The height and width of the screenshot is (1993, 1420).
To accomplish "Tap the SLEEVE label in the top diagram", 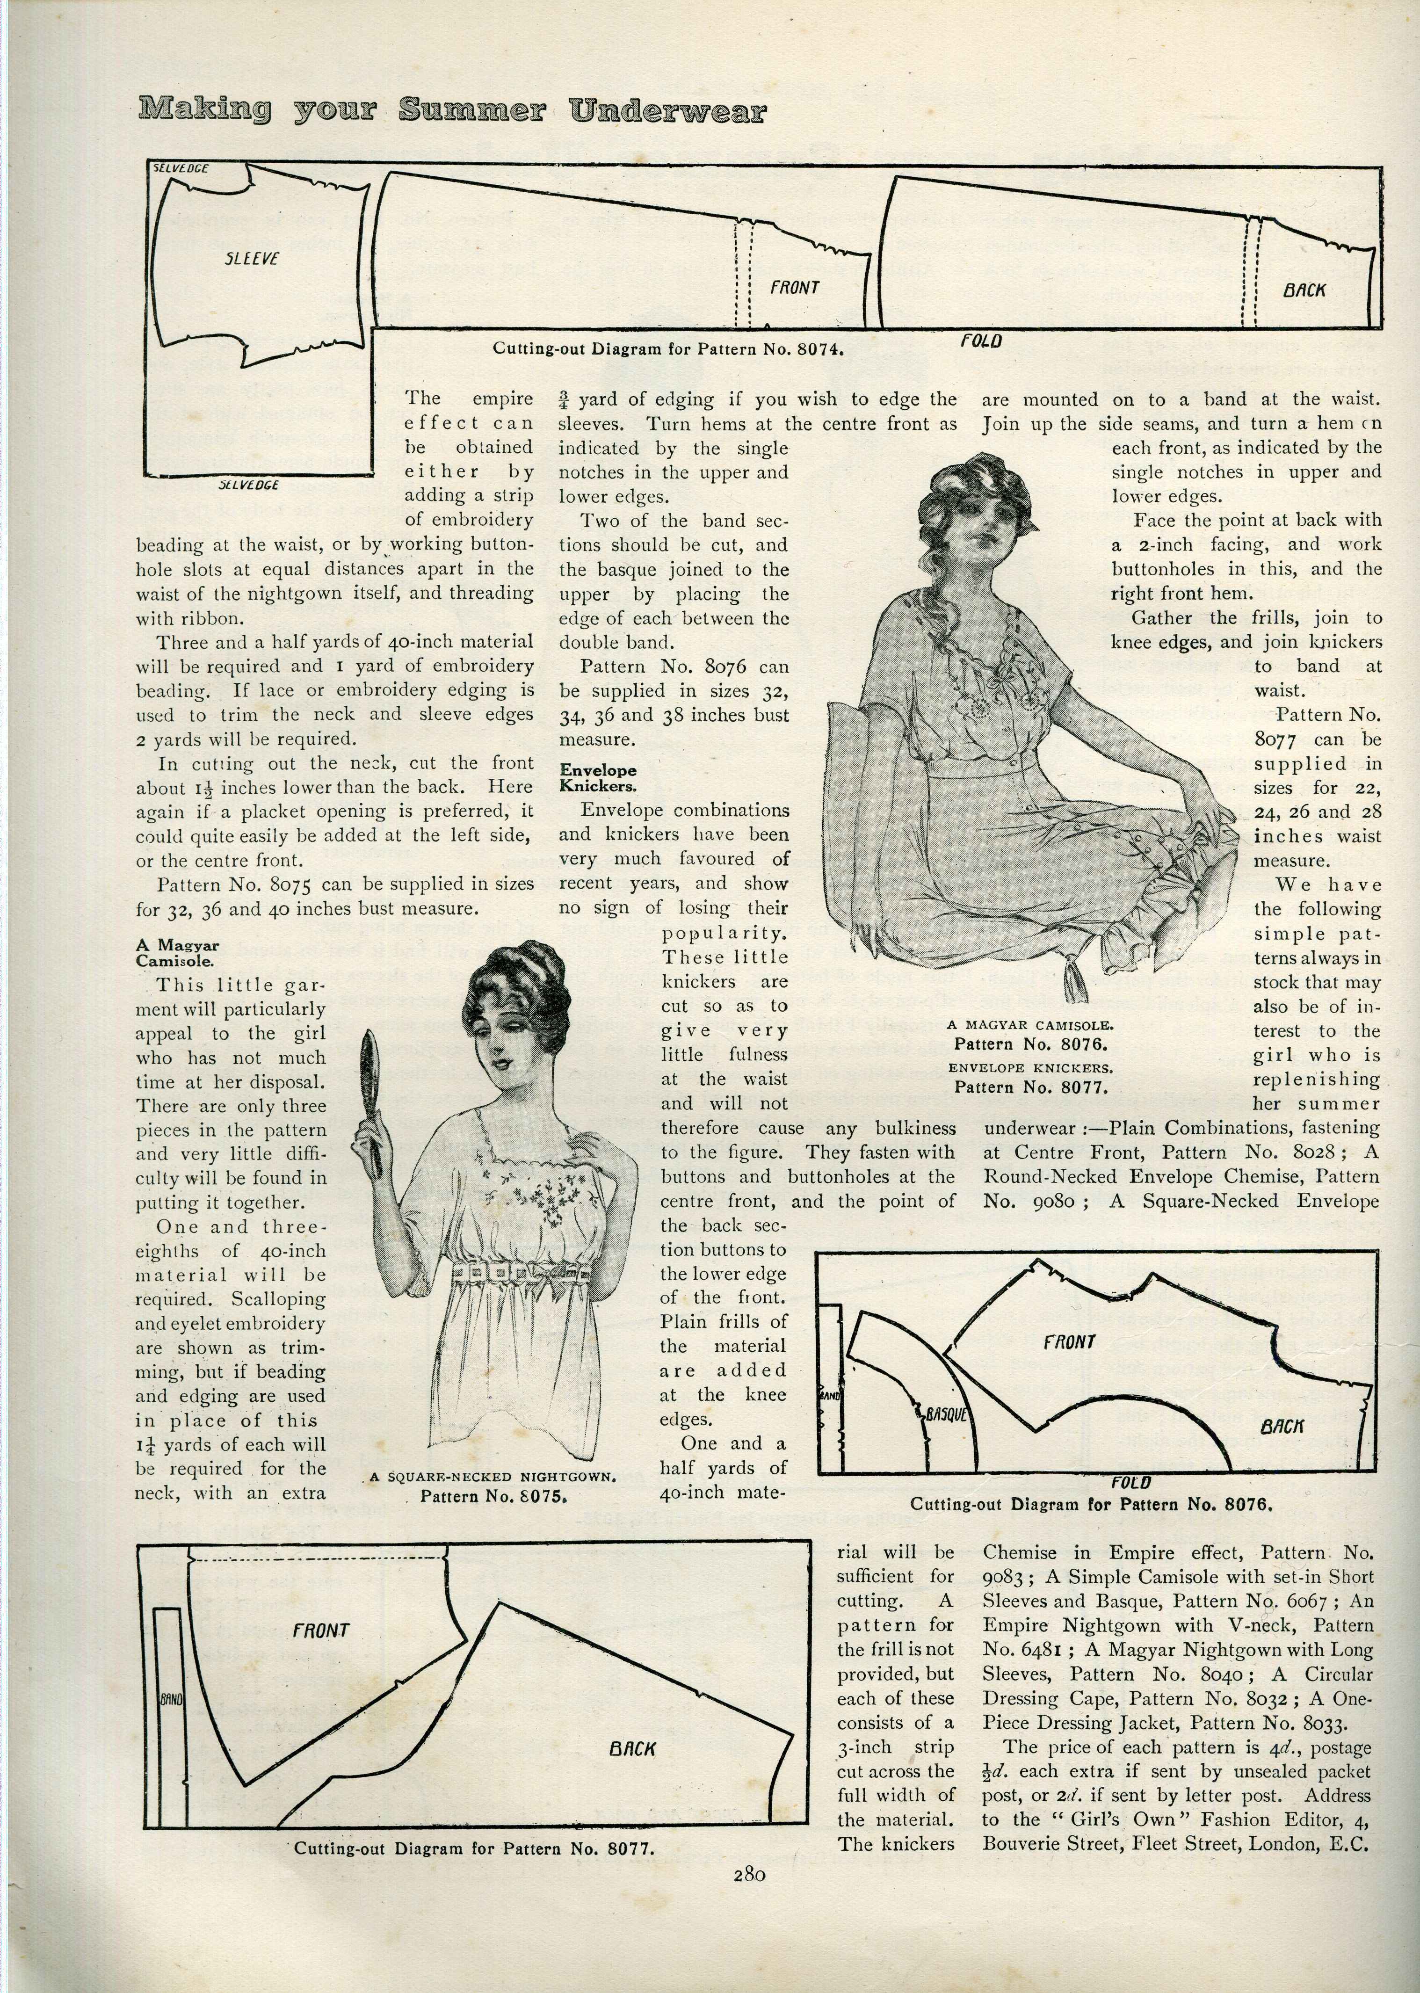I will point(252,259).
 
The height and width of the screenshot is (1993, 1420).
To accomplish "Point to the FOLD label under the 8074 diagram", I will point(981,341).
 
